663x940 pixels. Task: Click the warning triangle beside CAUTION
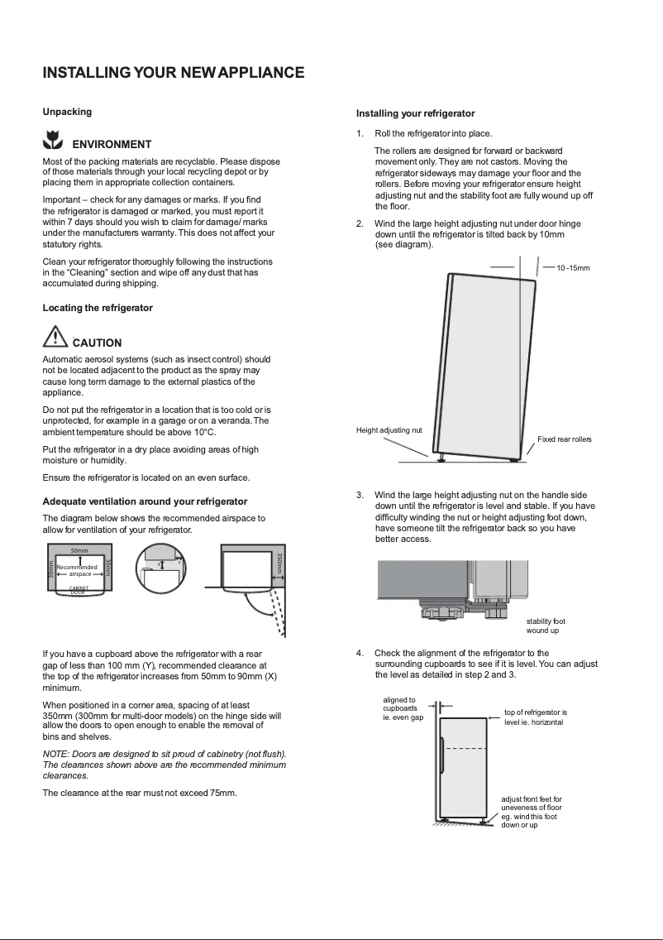tap(55, 338)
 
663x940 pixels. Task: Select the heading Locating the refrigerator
tap(98, 308)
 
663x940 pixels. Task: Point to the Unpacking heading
tap(67, 112)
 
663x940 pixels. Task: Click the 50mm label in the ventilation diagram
tap(79, 550)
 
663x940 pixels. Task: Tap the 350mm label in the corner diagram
tap(279, 565)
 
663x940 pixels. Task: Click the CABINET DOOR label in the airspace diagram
tap(79, 590)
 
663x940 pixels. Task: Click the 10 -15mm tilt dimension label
tap(573, 268)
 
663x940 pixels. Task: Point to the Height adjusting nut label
tap(389, 430)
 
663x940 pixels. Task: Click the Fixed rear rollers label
tap(565, 439)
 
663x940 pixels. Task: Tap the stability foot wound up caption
tap(546, 626)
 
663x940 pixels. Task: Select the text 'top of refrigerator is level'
tap(536, 717)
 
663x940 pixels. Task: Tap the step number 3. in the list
tap(360, 495)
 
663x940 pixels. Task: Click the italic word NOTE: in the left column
tap(56, 754)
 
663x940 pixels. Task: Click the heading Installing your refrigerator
tap(415, 113)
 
